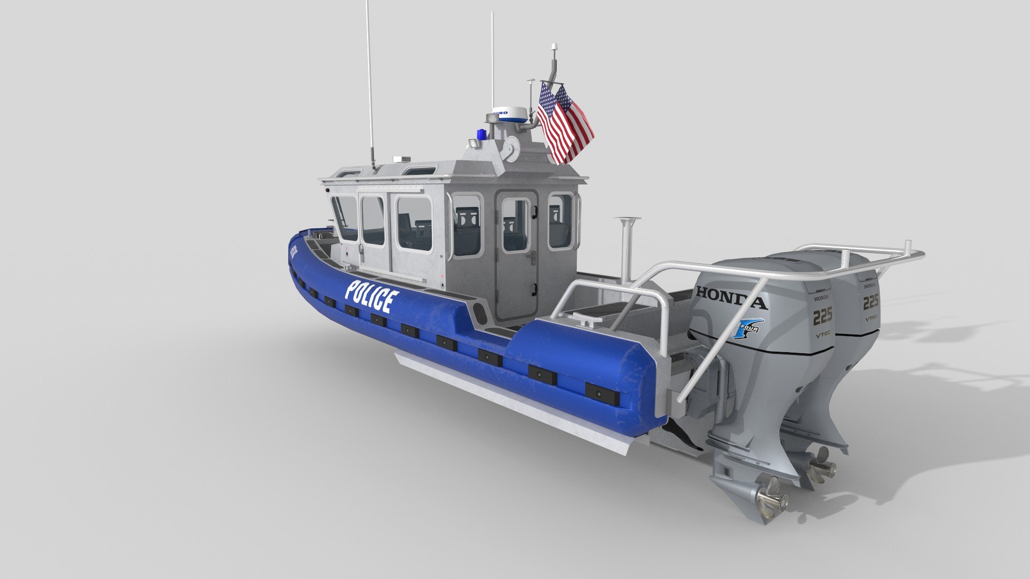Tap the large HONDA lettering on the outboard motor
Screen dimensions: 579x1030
(x=731, y=299)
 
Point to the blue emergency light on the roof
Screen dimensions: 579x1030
(x=481, y=134)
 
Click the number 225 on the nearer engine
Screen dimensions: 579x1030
(x=822, y=316)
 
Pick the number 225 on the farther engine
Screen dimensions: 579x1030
(x=870, y=302)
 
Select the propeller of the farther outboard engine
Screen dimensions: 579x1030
(x=821, y=465)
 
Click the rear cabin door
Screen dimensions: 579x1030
(x=517, y=255)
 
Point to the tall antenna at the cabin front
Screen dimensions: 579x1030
(x=369, y=80)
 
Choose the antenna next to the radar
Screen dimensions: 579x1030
(x=492, y=59)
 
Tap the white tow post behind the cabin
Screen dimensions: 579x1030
(x=626, y=247)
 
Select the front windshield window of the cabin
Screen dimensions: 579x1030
(x=344, y=217)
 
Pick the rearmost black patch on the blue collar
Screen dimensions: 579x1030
(x=602, y=394)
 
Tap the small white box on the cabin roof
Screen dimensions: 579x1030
(x=401, y=159)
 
